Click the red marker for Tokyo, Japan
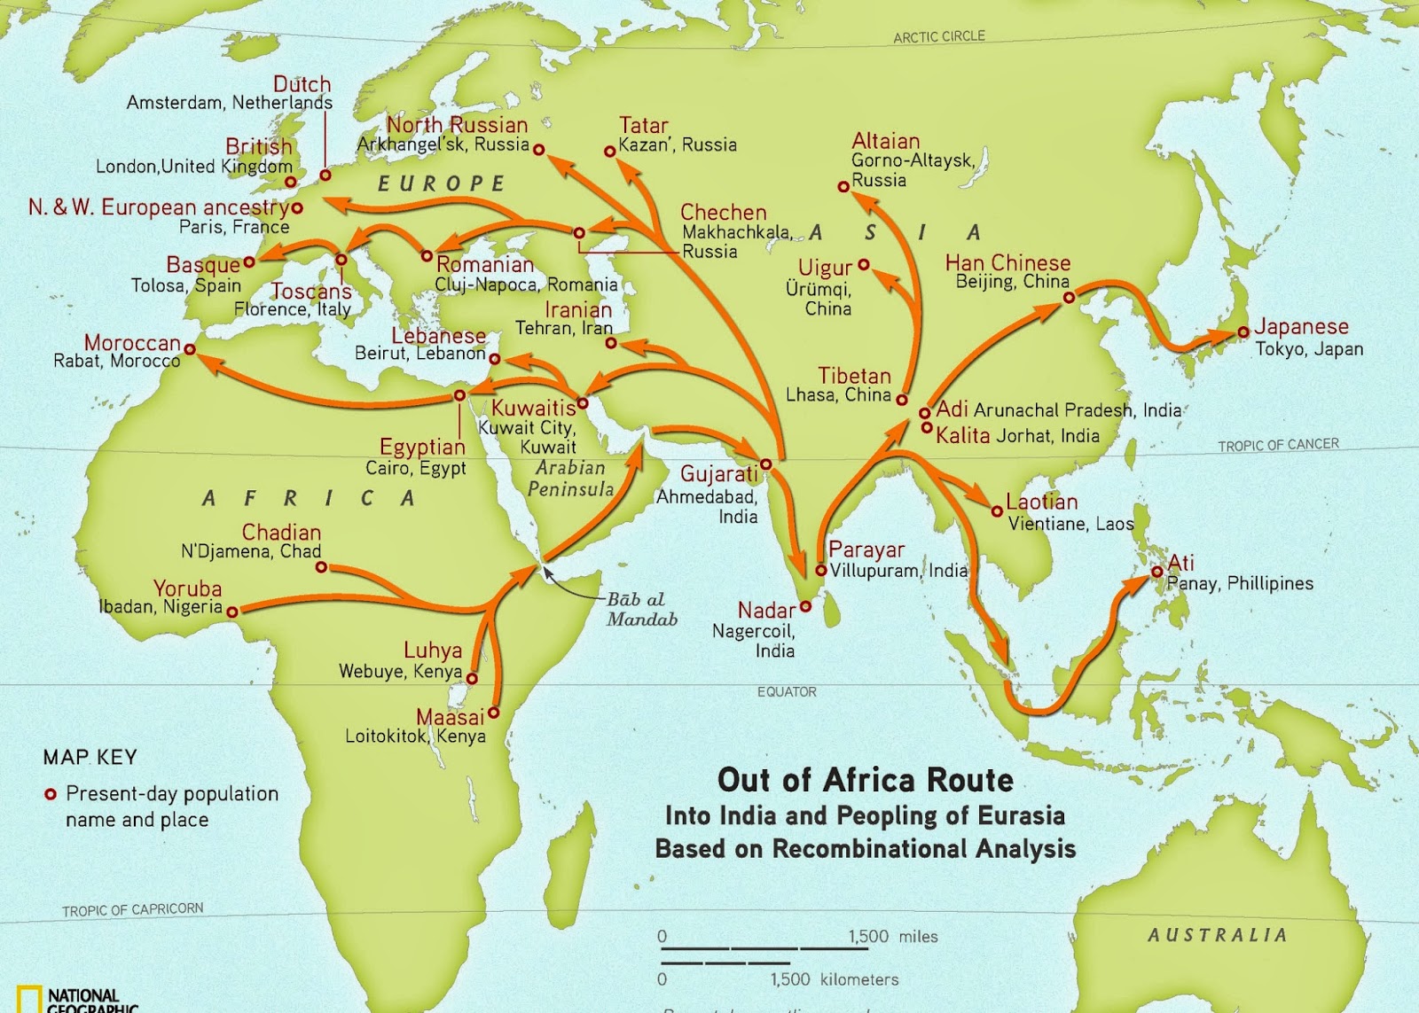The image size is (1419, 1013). pyautogui.click(x=1243, y=332)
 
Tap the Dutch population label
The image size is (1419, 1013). pyautogui.click(x=302, y=84)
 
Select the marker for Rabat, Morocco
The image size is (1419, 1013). pyautogui.click(x=190, y=349)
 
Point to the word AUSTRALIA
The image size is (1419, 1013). pyautogui.click(x=1217, y=935)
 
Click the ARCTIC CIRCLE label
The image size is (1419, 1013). pyautogui.click(x=938, y=36)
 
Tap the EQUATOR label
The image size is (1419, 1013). pyautogui.click(x=787, y=691)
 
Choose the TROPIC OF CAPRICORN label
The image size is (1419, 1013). pyautogui.click(x=132, y=909)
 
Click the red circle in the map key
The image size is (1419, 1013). pyautogui.click(x=51, y=794)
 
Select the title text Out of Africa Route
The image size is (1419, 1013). pyautogui.click(x=865, y=780)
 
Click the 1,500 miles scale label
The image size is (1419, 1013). pyautogui.click(x=892, y=937)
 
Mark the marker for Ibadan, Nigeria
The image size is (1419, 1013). pyautogui.click(x=232, y=612)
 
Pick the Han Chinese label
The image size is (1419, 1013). pyautogui.click(x=1007, y=263)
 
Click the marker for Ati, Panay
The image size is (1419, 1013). pyautogui.click(x=1156, y=572)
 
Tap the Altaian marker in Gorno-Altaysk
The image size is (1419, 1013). pyautogui.click(x=843, y=186)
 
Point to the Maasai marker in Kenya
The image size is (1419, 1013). pyautogui.click(x=494, y=713)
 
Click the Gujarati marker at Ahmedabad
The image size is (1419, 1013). pyautogui.click(x=766, y=464)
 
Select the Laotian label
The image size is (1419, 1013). pyautogui.click(x=1041, y=502)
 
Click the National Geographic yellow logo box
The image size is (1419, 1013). pyautogui.click(x=28, y=999)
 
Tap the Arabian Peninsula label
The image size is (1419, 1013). pyautogui.click(x=570, y=479)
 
